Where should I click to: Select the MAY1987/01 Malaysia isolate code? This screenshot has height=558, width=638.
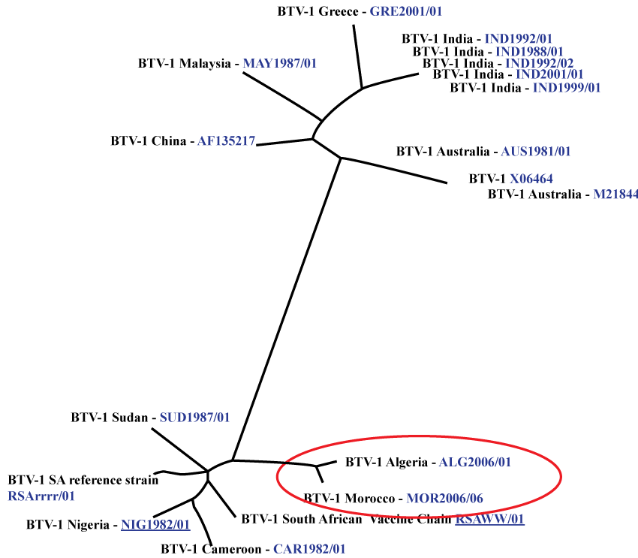pos(279,64)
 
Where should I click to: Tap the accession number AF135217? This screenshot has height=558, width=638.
pos(227,140)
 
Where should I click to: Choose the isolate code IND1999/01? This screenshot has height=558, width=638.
pos(567,88)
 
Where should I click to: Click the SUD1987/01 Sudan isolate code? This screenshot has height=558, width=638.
pos(194,417)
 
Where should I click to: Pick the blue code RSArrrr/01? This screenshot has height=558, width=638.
pos(41,496)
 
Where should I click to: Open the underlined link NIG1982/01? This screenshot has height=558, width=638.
pos(155,525)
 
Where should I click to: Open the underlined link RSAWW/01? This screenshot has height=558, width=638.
pos(489,519)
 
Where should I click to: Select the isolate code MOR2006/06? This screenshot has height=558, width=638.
pos(450,498)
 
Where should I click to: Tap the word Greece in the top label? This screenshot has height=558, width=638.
pos(331,12)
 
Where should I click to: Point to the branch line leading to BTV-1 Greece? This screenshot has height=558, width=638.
pos(358,56)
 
